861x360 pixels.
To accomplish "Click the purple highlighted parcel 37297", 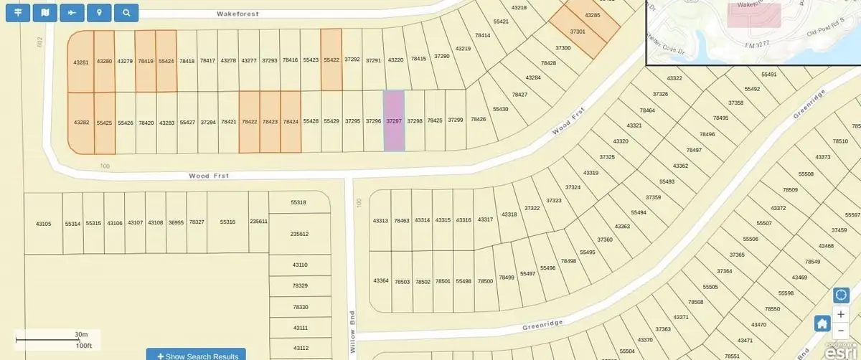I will [x=393, y=121].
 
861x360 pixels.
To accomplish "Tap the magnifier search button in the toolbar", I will [x=126, y=12].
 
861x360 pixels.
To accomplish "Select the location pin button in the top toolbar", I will [x=98, y=12].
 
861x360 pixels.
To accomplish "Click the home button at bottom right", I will [x=822, y=323].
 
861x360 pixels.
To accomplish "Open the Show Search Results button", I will [x=196, y=355].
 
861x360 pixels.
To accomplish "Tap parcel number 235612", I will [x=299, y=234].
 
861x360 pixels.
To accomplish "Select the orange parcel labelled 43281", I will [x=81, y=62].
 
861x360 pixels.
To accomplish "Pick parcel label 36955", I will [x=176, y=223].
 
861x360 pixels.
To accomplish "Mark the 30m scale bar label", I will [x=80, y=334].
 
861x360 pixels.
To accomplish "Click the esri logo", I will [x=837, y=351].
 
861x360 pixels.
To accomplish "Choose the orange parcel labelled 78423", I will [x=270, y=122].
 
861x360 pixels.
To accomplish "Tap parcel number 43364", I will [x=381, y=280].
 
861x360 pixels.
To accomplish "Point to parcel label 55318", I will [x=298, y=203].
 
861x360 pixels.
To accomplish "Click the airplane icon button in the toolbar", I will [x=71, y=12].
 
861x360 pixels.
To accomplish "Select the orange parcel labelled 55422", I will [x=331, y=61].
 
